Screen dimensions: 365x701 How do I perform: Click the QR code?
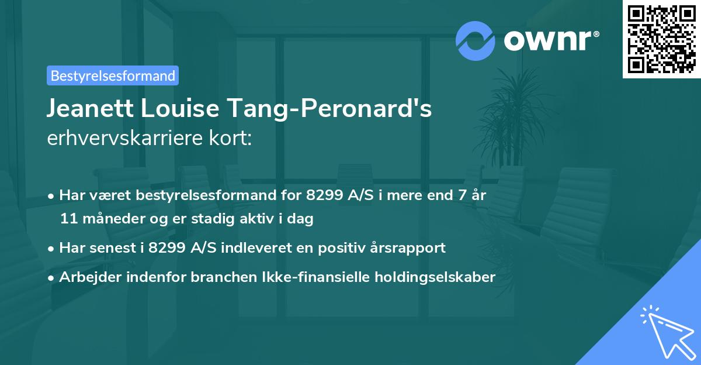tap(661, 39)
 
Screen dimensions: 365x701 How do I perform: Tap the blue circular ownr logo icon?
tap(476, 40)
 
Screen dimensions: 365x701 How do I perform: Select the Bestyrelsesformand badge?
tap(113, 75)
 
